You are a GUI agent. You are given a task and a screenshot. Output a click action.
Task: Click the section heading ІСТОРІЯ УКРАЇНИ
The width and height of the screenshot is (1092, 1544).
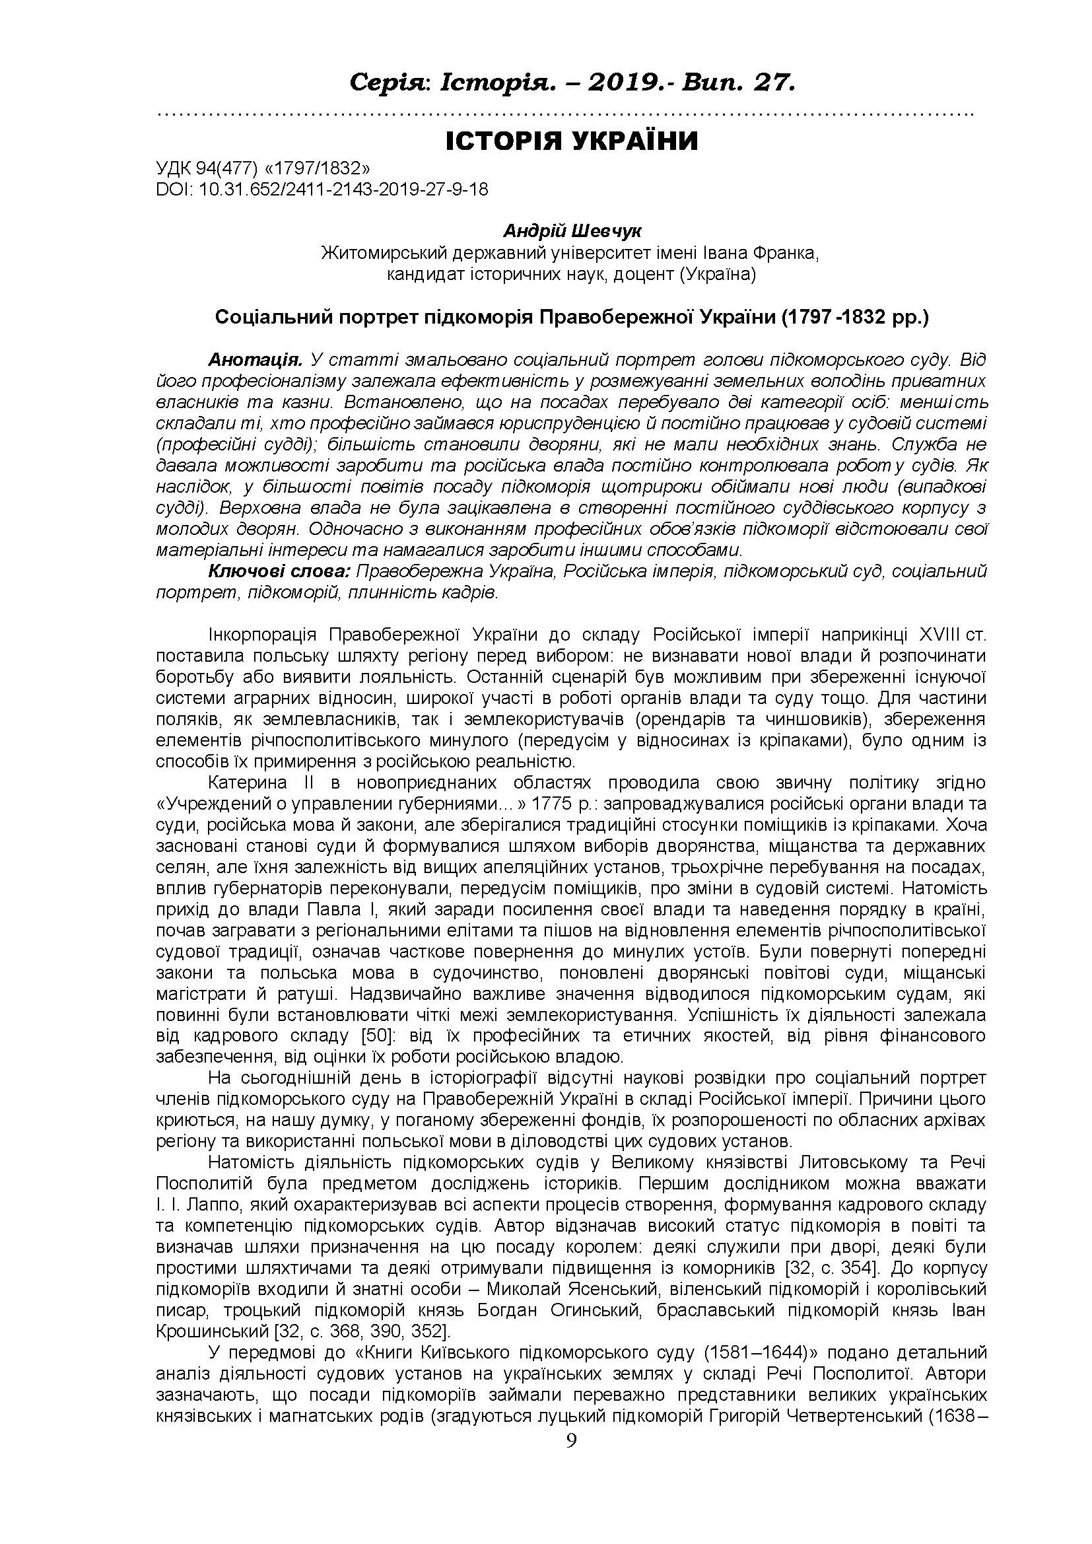pyautogui.click(x=572, y=141)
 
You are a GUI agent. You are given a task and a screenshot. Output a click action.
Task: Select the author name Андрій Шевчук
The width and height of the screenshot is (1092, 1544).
pyautogui.click(x=572, y=231)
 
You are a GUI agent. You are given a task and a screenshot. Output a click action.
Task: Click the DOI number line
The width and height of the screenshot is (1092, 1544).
pyautogui.click(x=322, y=190)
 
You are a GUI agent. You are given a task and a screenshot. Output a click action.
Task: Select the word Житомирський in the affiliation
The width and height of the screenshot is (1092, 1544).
pyautogui.click(x=390, y=254)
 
